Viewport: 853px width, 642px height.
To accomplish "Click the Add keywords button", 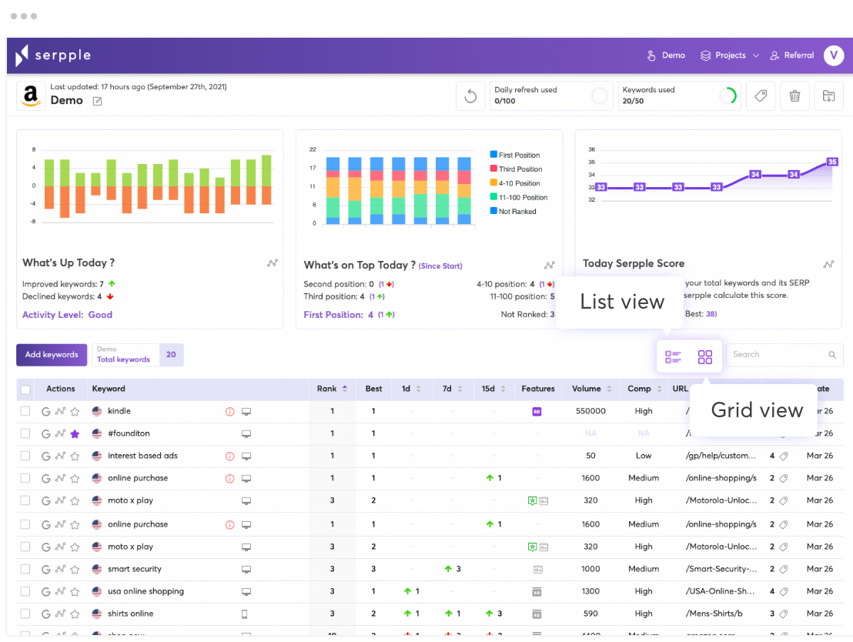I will click(x=52, y=355).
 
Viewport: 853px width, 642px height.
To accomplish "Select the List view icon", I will click(x=673, y=357).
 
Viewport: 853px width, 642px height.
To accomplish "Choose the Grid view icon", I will click(x=705, y=357).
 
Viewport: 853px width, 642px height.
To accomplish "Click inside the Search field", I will click(x=778, y=355).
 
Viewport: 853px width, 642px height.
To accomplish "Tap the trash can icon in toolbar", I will click(x=794, y=96).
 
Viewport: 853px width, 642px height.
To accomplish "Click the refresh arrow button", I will click(x=470, y=97).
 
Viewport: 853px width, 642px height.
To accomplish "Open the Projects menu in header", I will click(x=729, y=55).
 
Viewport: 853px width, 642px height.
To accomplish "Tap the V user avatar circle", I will click(x=833, y=55).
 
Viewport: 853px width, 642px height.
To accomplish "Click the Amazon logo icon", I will click(x=31, y=96).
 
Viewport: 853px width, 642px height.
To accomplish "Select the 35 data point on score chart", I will click(x=831, y=162).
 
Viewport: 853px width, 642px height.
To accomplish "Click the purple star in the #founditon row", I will click(x=75, y=434).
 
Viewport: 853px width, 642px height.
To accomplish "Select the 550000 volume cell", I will click(x=590, y=411).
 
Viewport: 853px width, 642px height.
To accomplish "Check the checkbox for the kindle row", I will click(x=25, y=411).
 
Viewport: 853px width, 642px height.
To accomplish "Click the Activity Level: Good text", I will click(x=67, y=315).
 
